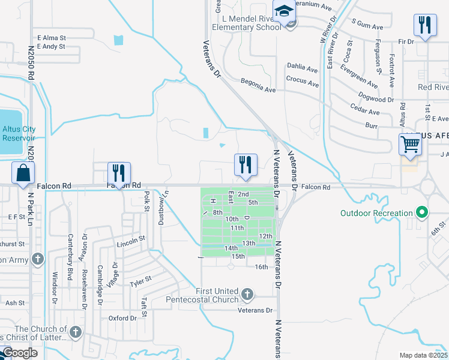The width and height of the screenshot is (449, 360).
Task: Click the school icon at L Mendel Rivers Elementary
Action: (x=283, y=11)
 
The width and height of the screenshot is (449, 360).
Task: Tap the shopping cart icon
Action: (x=410, y=144)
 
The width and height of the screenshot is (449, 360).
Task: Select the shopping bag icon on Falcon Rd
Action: (x=22, y=173)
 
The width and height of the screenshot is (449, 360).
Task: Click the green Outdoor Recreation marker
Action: (x=422, y=213)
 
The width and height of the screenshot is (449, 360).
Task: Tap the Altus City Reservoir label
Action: (x=19, y=133)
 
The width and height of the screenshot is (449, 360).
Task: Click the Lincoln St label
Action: (x=131, y=241)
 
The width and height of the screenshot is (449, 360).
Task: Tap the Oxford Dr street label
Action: (x=122, y=318)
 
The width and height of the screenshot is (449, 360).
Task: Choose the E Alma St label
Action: (x=51, y=37)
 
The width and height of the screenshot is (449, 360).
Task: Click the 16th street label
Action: (x=261, y=267)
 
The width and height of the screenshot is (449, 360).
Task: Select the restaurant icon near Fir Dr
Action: (x=424, y=25)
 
